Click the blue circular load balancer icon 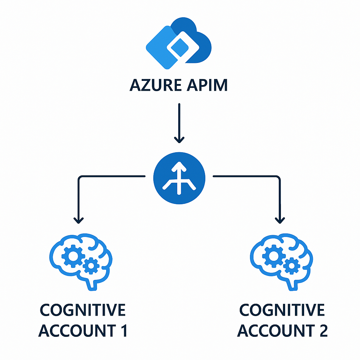(x=179, y=175)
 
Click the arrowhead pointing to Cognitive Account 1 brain (x=79, y=220)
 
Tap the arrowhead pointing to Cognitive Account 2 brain (x=280, y=220)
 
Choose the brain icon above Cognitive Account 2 (x=281, y=260)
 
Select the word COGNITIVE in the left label (x=83, y=310)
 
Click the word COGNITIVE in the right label (x=282, y=310)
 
